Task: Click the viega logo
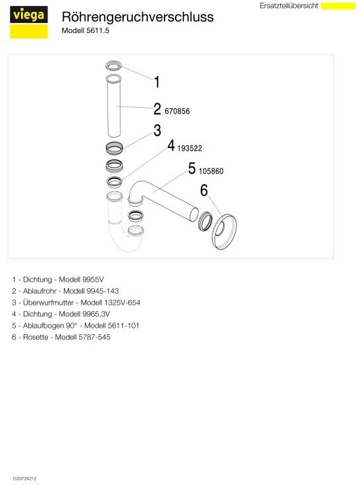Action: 29,22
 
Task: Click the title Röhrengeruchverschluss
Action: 138,17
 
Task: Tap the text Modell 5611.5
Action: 86,31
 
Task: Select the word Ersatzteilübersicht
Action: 289,6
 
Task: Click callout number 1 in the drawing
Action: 157,82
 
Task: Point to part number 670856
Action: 177,111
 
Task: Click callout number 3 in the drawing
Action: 157,130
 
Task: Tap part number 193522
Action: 190,148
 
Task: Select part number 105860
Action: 211,171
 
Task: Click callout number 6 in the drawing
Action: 204,190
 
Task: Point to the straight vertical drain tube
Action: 113,106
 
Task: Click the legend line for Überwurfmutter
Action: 76,303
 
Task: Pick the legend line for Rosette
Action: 61,337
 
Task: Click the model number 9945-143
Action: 103,291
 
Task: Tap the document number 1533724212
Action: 24,478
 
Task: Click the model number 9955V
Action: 93,279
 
